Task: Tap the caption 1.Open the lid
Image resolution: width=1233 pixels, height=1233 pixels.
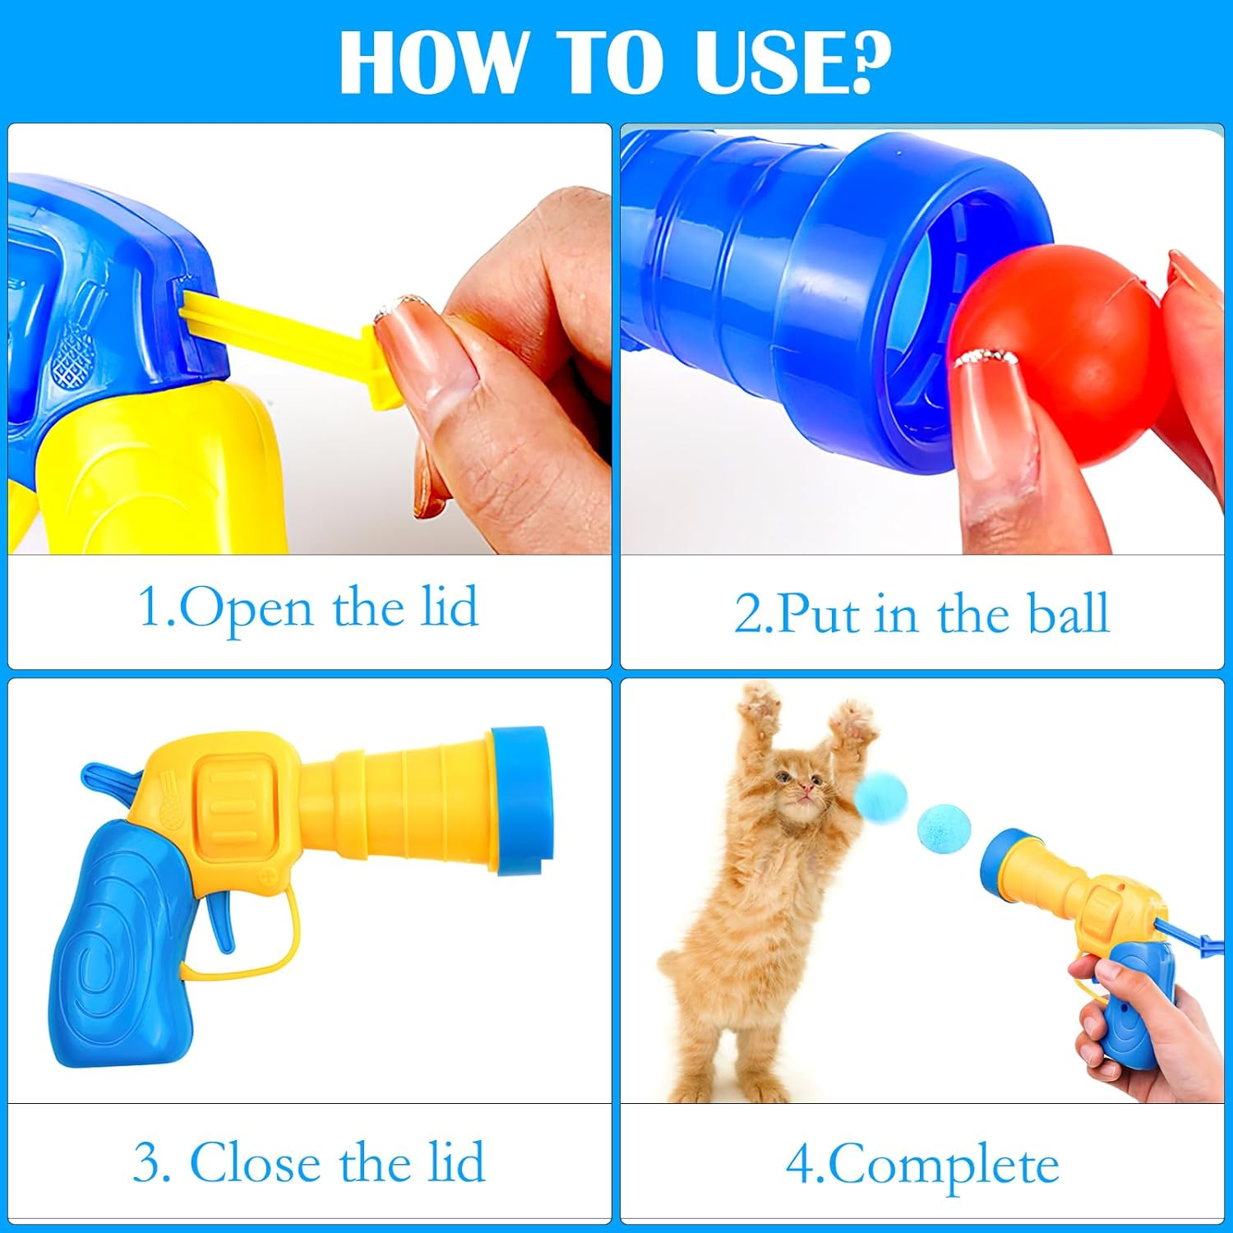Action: (x=308, y=608)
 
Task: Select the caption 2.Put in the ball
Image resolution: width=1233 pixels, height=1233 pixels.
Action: (x=921, y=613)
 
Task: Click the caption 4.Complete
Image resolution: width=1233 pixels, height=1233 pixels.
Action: (x=921, y=1164)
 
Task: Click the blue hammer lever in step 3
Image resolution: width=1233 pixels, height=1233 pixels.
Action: (x=107, y=777)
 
